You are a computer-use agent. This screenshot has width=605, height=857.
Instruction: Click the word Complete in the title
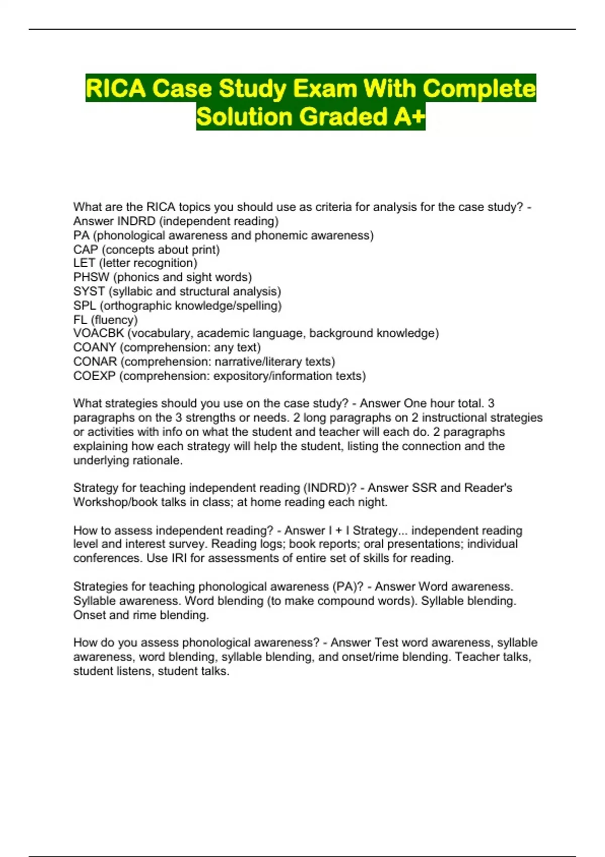pos(479,89)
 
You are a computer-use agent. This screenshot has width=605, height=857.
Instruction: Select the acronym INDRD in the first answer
pos(136,221)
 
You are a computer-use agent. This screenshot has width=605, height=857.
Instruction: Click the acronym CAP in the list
pos(85,250)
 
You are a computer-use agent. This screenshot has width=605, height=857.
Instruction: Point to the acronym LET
pos(84,263)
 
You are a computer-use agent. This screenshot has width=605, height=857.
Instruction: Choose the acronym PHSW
pos(91,277)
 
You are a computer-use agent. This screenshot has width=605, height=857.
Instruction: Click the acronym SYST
pos(89,291)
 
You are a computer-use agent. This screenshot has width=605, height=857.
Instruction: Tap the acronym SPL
pos(84,305)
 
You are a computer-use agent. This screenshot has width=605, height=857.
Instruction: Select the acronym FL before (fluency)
pos(80,320)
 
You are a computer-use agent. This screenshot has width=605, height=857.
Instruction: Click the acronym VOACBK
pos(98,333)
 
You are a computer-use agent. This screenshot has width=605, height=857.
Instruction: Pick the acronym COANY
pos(95,347)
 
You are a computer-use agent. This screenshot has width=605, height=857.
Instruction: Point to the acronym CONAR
pos(95,361)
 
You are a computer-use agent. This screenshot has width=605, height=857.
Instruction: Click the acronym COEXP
pos(94,376)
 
